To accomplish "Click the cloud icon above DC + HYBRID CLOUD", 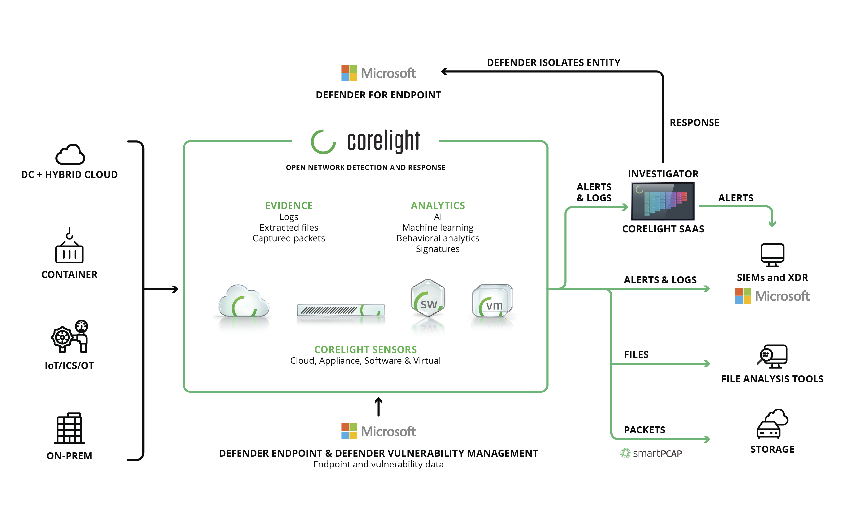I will pyautogui.click(x=70, y=154).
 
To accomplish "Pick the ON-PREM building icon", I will pyautogui.click(x=69, y=428).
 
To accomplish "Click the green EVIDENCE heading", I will pyautogui.click(x=289, y=205).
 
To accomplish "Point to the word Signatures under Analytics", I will pyautogui.click(x=437, y=249).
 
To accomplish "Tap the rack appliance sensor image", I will pyautogui.click(x=341, y=310).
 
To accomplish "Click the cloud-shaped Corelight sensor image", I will pyautogui.click(x=244, y=301).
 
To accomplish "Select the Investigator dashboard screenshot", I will pyautogui.click(x=662, y=201).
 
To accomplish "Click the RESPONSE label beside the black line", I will pyautogui.click(x=694, y=122).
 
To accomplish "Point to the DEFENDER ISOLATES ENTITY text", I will pyautogui.click(x=553, y=63).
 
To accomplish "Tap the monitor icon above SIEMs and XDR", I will pyautogui.click(x=772, y=255).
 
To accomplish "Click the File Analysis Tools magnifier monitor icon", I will pyautogui.click(x=772, y=356).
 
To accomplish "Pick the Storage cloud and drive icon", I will pyautogui.click(x=772, y=424).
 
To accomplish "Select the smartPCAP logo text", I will pyautogui.click(x=651, y=453).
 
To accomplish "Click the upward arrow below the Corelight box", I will pyautogui.click(x=378, y=407).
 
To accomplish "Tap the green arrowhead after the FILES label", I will pyautogui.click(x=707, y=364).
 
